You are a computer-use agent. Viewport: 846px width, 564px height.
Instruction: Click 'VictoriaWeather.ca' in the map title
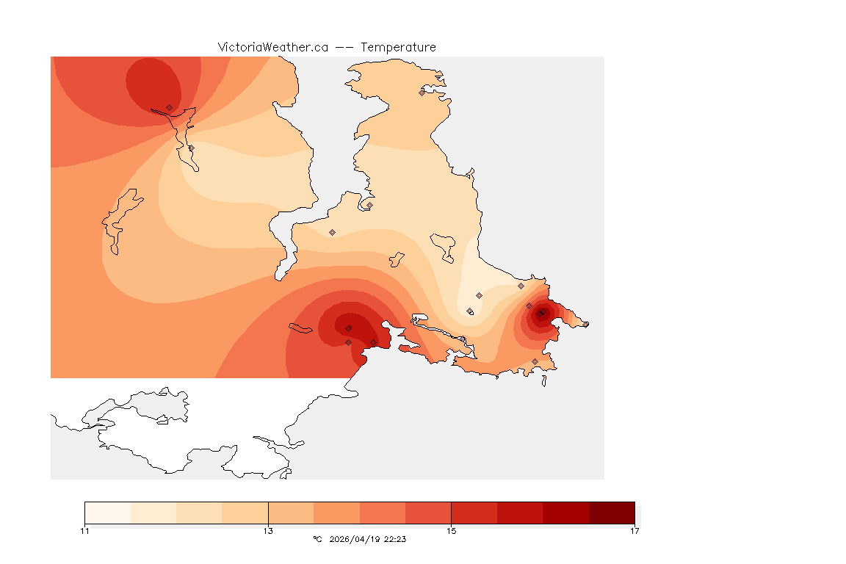[272, 47]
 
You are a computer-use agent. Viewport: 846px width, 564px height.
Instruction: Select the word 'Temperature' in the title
[398, 47]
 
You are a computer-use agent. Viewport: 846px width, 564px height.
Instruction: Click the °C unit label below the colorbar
[317, 539]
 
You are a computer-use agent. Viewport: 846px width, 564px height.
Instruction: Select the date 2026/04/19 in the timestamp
[355, 539]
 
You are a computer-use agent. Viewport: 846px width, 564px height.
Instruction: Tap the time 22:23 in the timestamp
[395, 539]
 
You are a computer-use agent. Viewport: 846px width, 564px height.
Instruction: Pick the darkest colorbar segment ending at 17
[612, 513]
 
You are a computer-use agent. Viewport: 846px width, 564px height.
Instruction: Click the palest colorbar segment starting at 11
[107, 513]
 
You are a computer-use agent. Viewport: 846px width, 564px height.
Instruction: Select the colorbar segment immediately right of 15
[474, 513]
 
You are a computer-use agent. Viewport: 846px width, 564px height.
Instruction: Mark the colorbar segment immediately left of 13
[245, 513]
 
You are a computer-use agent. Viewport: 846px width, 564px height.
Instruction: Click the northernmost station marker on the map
[422, 93]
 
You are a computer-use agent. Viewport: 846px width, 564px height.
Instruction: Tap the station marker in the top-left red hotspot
[169, 107]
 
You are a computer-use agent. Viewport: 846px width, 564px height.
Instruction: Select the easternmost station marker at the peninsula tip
[585, 324]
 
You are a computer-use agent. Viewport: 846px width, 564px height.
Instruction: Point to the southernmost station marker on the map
[535, 361]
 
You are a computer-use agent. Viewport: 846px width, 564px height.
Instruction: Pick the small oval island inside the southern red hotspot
[301, 329]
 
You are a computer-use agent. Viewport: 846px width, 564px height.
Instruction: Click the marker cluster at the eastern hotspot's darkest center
[540, 314]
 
